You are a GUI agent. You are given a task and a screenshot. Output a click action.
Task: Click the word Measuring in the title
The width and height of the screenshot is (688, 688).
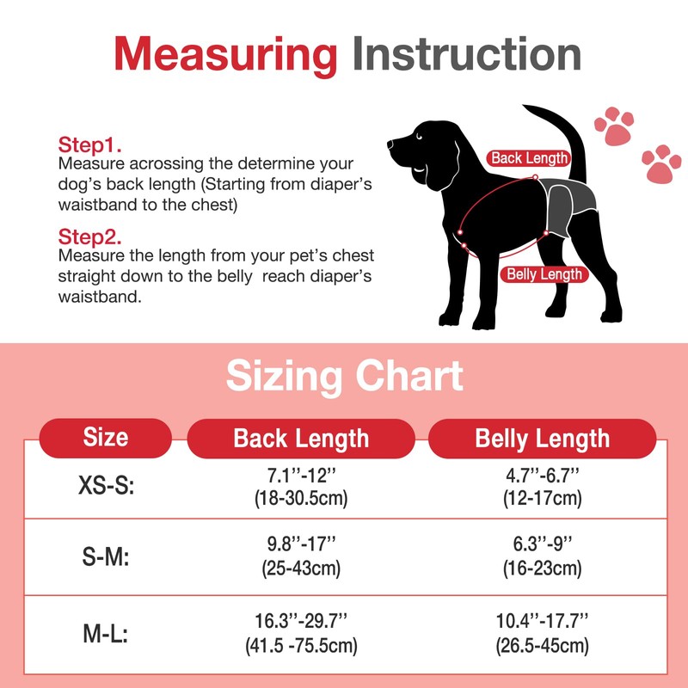click(x=226, y=53)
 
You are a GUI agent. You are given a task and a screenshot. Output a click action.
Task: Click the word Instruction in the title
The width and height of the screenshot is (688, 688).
click(x=466, y=53)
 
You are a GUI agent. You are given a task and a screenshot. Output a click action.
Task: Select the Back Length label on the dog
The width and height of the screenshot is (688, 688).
click(x=529, y=158)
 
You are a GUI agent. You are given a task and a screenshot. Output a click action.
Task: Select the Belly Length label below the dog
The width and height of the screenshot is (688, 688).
click(x=544, y=274)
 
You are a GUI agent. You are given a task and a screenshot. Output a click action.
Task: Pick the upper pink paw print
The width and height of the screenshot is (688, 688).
click(x=614, y=126)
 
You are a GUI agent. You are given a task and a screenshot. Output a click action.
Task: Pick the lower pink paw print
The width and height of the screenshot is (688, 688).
click(x=660, y=163)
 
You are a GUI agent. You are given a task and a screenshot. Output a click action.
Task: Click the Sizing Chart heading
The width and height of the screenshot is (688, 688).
click(x=344, y=377)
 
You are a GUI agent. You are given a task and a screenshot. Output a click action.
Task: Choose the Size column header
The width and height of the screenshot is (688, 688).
click(x=106, y=437)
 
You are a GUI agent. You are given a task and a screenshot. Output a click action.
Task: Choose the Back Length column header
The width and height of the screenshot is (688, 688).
click(x=301, y=438)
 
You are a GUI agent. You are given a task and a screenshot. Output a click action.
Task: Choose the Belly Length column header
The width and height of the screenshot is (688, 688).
click(x=542, y=438)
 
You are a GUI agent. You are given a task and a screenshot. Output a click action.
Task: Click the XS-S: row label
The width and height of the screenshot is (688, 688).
click(x=106, y=486)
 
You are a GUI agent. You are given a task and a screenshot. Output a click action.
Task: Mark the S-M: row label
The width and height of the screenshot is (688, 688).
click(x=106, y=557)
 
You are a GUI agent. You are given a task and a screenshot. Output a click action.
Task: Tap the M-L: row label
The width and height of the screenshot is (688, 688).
click(x=106, y=635)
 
